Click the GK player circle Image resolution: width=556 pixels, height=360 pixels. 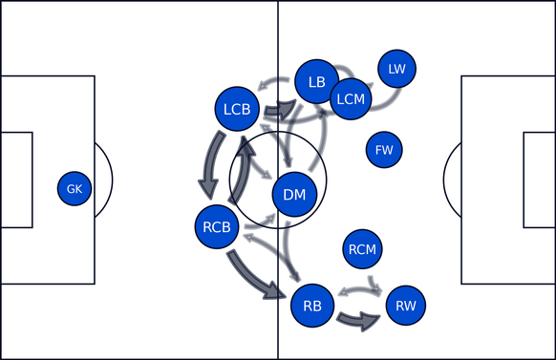click(x=75, y=189)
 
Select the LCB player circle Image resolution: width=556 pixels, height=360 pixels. click(x=237, y=110)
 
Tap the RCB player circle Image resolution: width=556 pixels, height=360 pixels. click(x=217, y=226)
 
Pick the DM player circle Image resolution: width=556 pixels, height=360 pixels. click(x=295, y=195)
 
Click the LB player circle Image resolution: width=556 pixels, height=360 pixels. click(x=317, y=82)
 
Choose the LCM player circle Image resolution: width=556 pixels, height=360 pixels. click(x=351, y=97)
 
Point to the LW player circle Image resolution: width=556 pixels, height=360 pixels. click(x=397, y=68)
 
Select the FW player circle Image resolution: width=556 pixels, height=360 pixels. click(x=384, y=150)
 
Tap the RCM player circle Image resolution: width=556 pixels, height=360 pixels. click(x=362, y=250)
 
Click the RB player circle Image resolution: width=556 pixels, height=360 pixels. click(x=312, y=306)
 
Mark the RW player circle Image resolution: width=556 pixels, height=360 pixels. click(x=406, y=306)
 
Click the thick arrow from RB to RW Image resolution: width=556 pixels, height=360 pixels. click(x=359, y=321)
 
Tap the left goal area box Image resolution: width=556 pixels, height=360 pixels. click(x=16, y=180)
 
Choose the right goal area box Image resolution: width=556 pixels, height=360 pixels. click(x=540, y=180)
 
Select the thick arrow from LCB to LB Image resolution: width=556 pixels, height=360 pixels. click(x=279, y=111)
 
